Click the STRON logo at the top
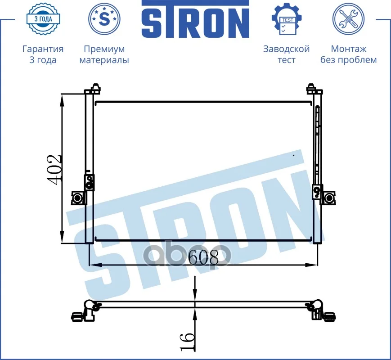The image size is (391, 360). click(x=195, y=19)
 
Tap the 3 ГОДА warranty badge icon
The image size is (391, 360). click(x=43, y=19)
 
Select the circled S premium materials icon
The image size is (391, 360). click(x=104, y=19)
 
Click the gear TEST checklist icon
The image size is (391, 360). click(x=287, y=19)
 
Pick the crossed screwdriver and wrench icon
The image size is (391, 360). click(x=348, y=19)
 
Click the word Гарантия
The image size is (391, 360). click(x=43, y=49)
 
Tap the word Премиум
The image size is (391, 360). click(x=104, y=49)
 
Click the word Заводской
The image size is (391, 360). click(x=287, y=49)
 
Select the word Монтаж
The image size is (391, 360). click(x=349, y=49)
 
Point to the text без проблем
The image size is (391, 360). click(x=349, y=60)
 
